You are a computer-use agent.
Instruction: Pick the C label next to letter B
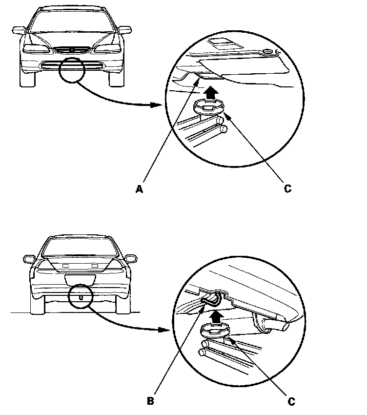point(291,401)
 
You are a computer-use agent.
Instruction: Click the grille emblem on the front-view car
point(71,49)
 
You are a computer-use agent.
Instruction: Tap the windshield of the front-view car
point(71,21)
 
